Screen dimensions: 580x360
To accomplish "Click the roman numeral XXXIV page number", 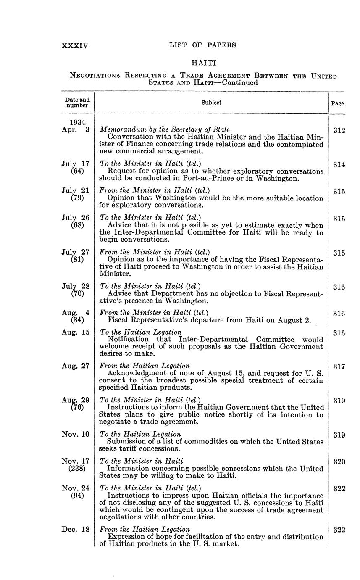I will (x=75, y=45).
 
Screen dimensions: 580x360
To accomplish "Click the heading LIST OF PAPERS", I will (x=202, y=45).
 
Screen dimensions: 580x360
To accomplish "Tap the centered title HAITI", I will (x=204, y=63).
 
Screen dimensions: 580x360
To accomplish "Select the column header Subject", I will (x=211, y=103).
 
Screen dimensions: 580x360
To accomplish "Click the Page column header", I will (x=338, y=103).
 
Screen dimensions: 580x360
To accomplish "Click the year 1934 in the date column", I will (x=78, y=122).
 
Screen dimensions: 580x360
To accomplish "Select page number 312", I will (x=339, y=131).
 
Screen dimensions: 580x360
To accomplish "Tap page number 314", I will (x=339, y=165).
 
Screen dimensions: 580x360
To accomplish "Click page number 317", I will (x=339, y=366).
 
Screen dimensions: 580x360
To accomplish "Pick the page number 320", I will (x=339, y=462).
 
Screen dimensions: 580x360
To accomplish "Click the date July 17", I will (x=76, y=164).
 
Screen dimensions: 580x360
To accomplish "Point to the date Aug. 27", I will (x=76, y=366).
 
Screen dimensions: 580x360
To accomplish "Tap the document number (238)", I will (x=77, y=469).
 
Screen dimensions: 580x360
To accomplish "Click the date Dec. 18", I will (x=76, y=530).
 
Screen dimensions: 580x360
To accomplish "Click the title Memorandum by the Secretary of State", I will (x=165, y=129).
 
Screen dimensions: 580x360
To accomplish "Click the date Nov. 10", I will (x=76, y=434).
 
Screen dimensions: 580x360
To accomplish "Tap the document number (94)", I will (x=77, y=496).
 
